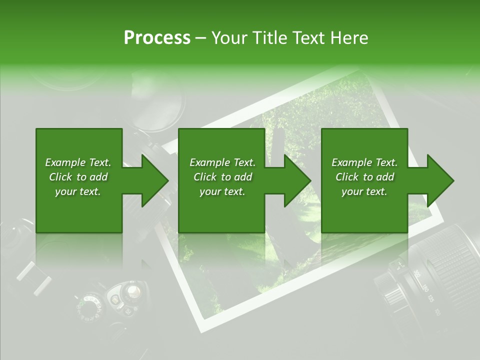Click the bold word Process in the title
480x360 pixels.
pos(157,38)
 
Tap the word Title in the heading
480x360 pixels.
pos(266,38)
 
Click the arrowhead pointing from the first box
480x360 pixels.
pos(150,180)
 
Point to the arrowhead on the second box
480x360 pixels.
pos(293,180)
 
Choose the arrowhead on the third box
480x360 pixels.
pos(435,180)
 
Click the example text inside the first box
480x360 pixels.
pos(78,177)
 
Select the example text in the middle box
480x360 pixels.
pos(222,177)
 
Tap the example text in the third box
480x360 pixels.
pos(364,177)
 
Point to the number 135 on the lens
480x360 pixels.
pos(430,299)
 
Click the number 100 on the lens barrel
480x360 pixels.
pos(437,312)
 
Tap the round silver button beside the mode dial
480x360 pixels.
pos(132,291)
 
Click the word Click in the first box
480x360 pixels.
pos(61,177)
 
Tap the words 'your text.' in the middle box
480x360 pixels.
pos(222,191)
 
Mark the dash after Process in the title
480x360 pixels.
pos(201,38)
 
